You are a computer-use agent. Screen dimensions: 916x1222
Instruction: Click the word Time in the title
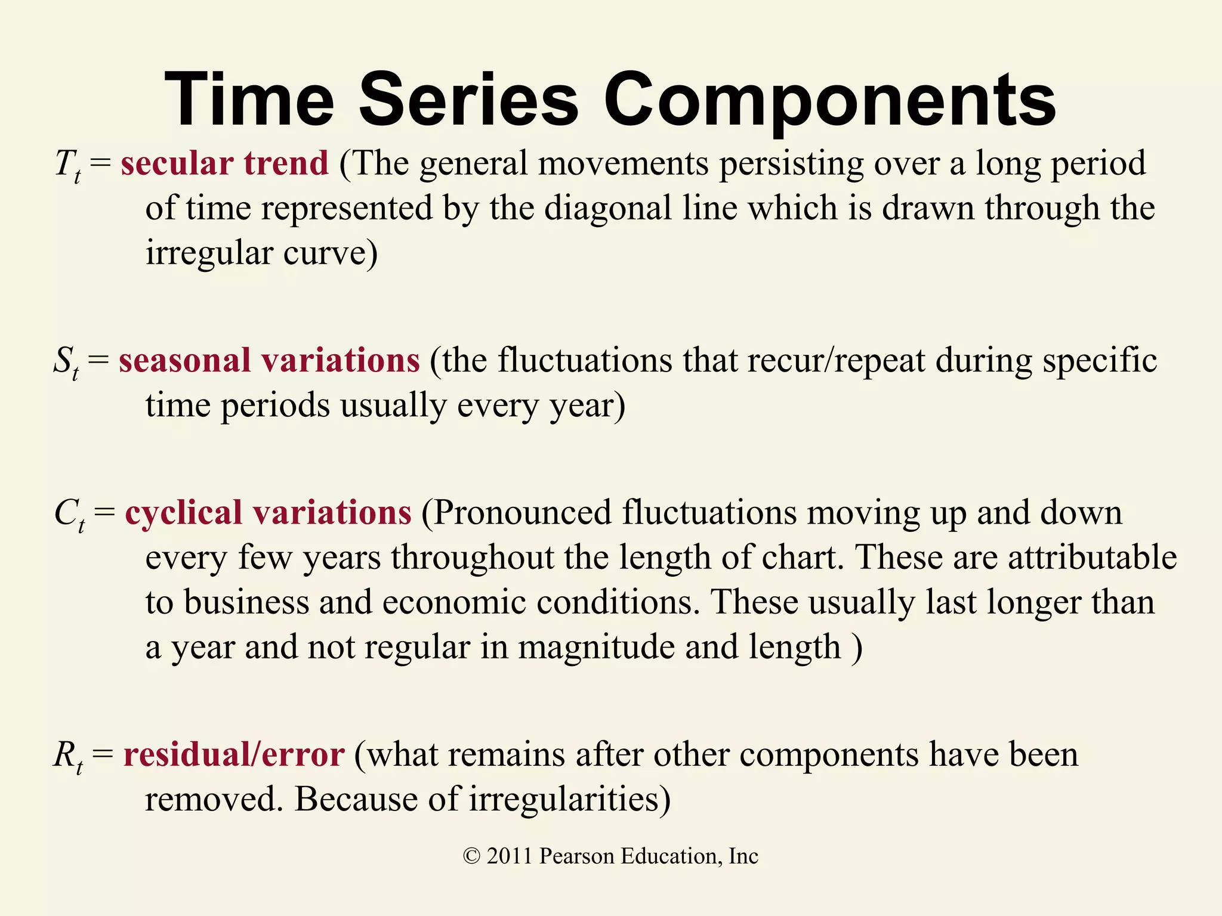click(x=249, y=100)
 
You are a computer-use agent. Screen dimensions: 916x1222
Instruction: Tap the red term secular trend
click(x=224, y=163)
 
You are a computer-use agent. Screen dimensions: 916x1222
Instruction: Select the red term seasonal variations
click(x=269, y=361)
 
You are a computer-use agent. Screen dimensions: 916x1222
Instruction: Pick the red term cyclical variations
click(x=268, y=513)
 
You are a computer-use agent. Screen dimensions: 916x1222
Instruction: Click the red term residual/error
click(x=233, y=754)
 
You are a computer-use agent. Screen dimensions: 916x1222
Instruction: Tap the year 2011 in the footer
click(x=509, y=856)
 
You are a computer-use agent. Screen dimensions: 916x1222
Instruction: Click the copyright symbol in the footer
click(x=471, y=857)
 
